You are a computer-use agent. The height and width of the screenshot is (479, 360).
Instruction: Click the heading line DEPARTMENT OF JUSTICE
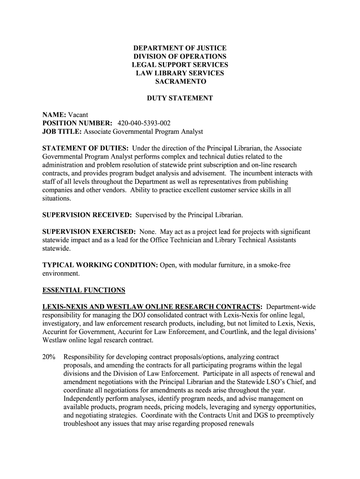pyautogui.click(x=180, y=48)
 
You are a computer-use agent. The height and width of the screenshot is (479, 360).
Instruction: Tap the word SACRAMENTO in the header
pyautogui.click(x=180, y=81)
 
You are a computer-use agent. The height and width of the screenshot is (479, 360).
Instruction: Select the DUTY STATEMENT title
pyautogui.click(x=180, y=98)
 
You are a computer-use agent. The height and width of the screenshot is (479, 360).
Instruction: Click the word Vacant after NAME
pyautogui.click(x=78, y=115)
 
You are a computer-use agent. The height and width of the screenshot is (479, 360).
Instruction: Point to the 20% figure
pyautogui.click(x=49, y=357)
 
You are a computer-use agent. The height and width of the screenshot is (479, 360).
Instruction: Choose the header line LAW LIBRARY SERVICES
pyautogui.click(x=180, y=73)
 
